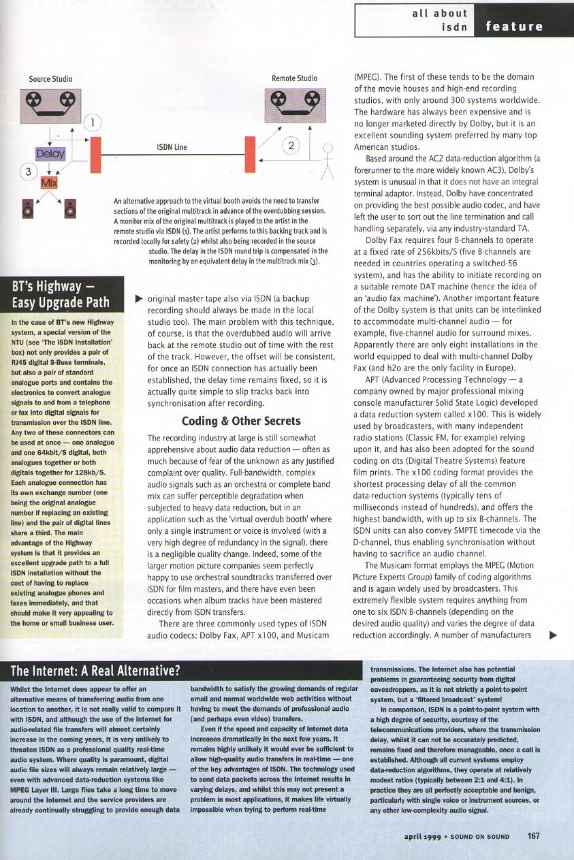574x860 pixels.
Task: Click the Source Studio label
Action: pos(50,79)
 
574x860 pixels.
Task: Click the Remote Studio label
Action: pos(294,78)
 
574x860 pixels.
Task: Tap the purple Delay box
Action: pos(50,155)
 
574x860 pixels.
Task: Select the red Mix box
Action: pos(50,183)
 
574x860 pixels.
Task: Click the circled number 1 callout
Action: pos(92,123)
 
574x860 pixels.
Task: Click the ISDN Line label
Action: pos(172,146)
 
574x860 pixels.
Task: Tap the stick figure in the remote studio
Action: pos(327,165)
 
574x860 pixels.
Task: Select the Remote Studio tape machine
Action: pos(287,103)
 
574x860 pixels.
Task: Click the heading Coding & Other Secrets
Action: pos(234,420)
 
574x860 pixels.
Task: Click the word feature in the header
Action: pos(515,27)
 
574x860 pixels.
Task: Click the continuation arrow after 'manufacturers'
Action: pos(553,635)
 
